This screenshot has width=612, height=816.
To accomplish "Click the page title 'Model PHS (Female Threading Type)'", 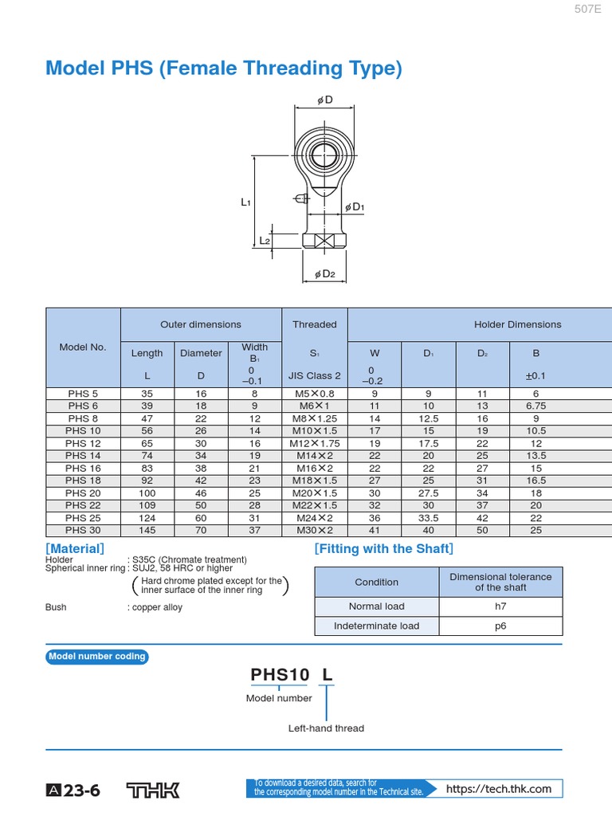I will (x=224, y=69).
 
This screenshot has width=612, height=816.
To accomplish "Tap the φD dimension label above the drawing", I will (x=324, y=100).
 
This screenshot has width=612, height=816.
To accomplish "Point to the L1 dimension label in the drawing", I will (x=246, y=202).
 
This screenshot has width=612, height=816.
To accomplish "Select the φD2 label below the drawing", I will (x=325, y=274).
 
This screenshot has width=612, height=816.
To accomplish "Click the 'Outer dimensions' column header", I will (x=201, y=324).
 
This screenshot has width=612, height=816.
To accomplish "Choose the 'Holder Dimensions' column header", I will (x=517, y=324).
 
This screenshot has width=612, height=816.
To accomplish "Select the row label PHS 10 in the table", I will (x=83, y=430).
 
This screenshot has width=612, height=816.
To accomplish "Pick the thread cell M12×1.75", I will (x=314, y=443).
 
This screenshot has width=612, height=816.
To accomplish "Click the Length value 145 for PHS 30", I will (x=147, y=530).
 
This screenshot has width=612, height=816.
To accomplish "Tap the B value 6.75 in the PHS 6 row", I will (x=535, y=406).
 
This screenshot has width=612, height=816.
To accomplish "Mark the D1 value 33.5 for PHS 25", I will (x=428, y=517).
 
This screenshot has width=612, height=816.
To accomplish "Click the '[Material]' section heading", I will (x=75, y=548).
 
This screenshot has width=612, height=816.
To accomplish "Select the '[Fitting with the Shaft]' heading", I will (x=383, y=548).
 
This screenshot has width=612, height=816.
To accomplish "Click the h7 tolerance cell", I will (x=500, y=606).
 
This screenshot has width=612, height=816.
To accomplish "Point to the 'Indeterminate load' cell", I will (x=376, y=626).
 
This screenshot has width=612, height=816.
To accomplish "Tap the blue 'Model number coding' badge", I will (x=97, y=657).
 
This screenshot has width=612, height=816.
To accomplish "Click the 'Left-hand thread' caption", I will (x=326, y=728).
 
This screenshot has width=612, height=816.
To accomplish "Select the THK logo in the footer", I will (x=153, y=790).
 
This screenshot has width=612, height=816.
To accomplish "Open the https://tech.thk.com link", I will (x=499, y=789).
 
